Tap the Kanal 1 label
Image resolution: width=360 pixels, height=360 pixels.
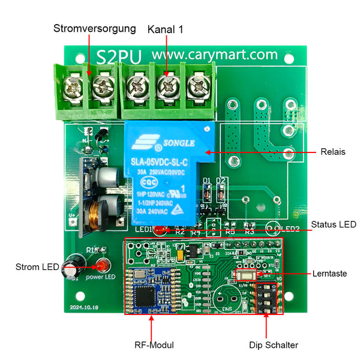[166, 28]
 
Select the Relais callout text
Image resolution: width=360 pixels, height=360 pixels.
[333, 152]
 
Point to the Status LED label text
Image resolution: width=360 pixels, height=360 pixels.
[334, 224]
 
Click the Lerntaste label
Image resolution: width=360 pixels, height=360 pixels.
[329, 273]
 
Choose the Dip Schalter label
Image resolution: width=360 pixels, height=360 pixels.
[274, 345]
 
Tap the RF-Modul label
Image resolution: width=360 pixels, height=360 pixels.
[154, 345]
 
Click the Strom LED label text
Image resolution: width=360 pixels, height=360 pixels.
[38, 266]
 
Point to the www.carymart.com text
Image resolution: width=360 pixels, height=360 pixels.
[214, 55]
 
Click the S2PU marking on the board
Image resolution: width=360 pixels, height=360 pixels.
[119, 56]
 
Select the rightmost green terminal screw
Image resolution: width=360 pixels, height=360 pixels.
[196, 89]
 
